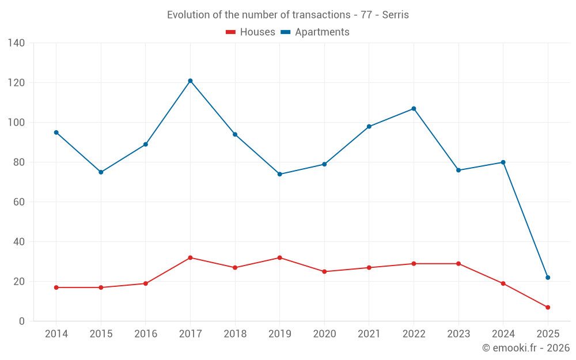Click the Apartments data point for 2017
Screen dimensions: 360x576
(x=190, y=81)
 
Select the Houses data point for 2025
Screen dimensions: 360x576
(x=548, y=308)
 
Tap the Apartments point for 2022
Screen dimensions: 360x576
(x=414, y=109)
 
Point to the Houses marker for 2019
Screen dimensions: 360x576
(x=279, y=257)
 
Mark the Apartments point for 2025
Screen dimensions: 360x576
(x=548, y=278)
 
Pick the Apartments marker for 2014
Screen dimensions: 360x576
(x=56, y=132)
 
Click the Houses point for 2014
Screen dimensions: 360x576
(x=56, y=287)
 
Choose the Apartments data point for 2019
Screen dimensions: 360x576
(x=279, y=174)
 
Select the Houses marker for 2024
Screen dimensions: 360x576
(x=503, y=283)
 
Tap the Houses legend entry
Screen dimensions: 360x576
(x=251, y=32)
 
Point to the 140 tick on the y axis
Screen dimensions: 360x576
(x=17, y=43)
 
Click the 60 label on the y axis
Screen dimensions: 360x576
(x=19, y=202)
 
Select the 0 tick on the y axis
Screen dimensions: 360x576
(x=21, y=321)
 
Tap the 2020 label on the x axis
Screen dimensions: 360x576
(x=324, y=334)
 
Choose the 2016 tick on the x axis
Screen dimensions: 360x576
(x=145, y=334)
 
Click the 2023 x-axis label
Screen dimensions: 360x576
(x=458, y=334)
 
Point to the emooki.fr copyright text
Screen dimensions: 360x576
(x=526, y=348)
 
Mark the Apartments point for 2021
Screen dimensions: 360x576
(x=369, y=127)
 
